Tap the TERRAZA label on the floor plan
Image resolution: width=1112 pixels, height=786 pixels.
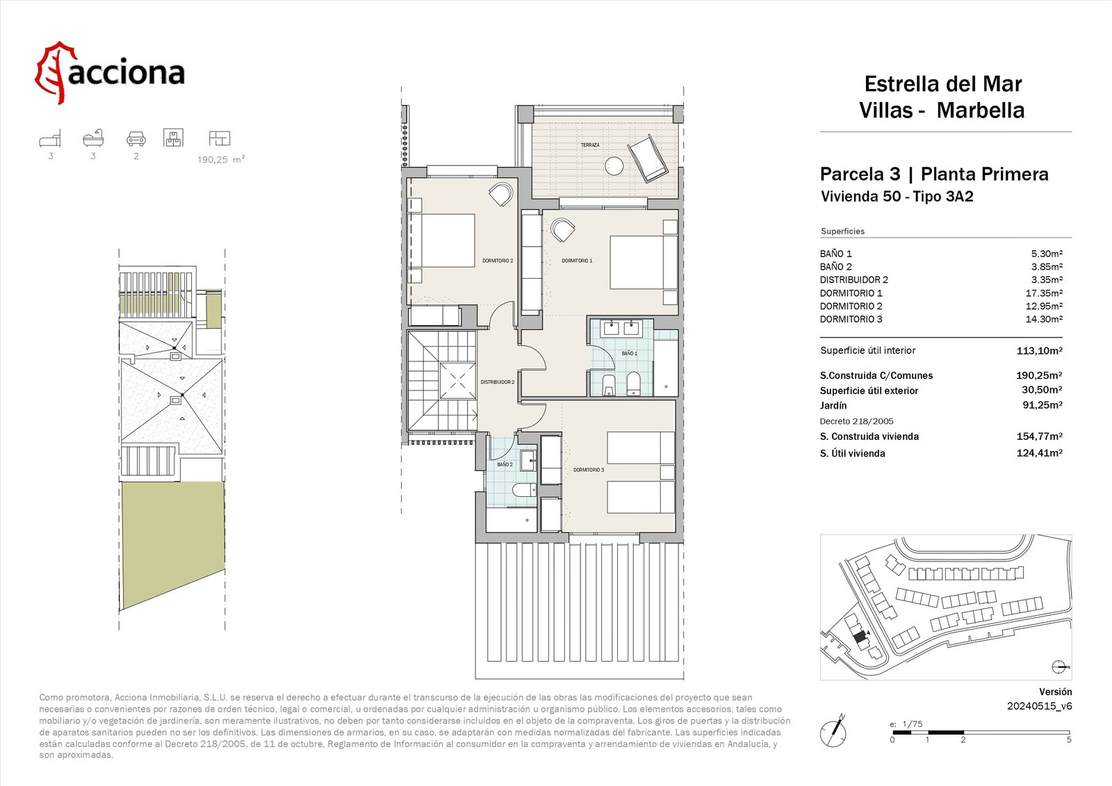(x=590, y=145)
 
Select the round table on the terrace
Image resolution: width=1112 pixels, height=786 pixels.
(x=614, y=166)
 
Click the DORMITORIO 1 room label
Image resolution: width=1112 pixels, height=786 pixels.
(x=577, y=261)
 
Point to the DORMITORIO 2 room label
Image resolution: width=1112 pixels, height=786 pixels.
(x=498, y=261)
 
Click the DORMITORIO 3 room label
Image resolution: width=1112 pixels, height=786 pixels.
(x=588, y=470)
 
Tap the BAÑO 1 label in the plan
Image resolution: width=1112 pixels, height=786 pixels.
(x=629, y=354)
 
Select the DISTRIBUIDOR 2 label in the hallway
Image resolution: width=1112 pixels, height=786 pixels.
(x=497, y=382)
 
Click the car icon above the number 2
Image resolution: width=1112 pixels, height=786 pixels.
(x=136, y=138)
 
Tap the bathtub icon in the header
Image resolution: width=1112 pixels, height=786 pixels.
(x=93, y=138)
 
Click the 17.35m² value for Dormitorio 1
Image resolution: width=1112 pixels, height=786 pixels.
(x=1044, y=293)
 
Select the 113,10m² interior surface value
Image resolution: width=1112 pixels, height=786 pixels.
(x=1040, y=350)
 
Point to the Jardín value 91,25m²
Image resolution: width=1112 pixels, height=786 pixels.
(x=1042, y=405)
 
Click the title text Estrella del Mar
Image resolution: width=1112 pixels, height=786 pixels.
(x=942, y=84)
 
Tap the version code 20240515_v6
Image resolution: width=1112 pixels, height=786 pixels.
(x=1040, y=706)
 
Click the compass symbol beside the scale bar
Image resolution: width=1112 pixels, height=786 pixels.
(x=833, y=731)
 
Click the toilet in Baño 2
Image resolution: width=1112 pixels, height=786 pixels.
(x=524, y=491)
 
